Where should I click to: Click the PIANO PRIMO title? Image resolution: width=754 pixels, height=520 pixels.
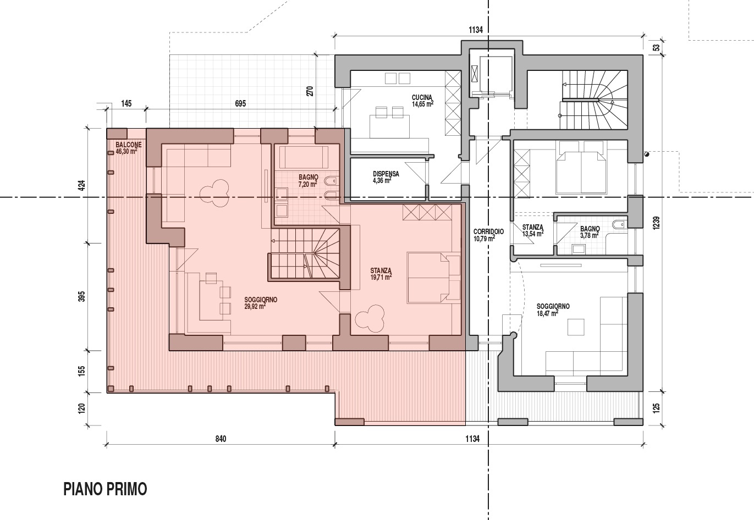point(105,489)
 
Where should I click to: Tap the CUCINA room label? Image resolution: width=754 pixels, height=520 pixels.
point(422,101)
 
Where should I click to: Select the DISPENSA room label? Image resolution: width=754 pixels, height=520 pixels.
point(386,177)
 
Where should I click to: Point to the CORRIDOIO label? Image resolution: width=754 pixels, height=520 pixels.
point(488,235)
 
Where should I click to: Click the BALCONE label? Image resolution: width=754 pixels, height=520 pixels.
point(129,148)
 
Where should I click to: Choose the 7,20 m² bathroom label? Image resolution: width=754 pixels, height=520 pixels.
point(308,180)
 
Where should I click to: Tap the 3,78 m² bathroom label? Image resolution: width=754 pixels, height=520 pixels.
point(590,232)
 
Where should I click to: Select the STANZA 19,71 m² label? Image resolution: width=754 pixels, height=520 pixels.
point(381,273)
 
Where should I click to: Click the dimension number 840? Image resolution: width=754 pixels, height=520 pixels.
point(221,439)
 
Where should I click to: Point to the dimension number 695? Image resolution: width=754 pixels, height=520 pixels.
point(240,103)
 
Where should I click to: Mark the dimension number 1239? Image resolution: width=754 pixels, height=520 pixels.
point(656,223)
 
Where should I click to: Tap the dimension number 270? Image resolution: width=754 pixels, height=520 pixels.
point(310,91)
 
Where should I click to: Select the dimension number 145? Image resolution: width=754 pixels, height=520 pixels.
point(126,103)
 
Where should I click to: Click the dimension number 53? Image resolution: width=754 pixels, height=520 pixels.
point(656,48)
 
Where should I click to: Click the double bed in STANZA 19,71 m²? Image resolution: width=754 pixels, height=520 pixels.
point(433,278)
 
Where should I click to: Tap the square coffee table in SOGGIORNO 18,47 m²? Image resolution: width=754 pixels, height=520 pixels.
point(576,327)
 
